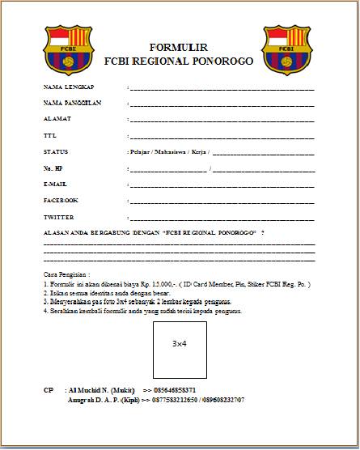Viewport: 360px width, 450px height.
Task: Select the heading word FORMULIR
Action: coord(179,48)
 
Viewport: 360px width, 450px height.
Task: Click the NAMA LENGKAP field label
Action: coord(69,86)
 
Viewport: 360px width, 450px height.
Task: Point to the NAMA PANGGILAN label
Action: coord(72,103)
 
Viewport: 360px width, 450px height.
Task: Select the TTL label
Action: coord(49,135)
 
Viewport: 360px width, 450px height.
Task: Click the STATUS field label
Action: coord(56,151)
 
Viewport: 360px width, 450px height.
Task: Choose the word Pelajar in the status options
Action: coord(142,151)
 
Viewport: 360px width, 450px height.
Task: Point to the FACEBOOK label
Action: coord(61,199)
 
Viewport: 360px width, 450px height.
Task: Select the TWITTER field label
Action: coord(58,217)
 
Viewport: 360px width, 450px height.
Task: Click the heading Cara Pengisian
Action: coord(67,276)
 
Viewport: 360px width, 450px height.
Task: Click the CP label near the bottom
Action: coord(49,390)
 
